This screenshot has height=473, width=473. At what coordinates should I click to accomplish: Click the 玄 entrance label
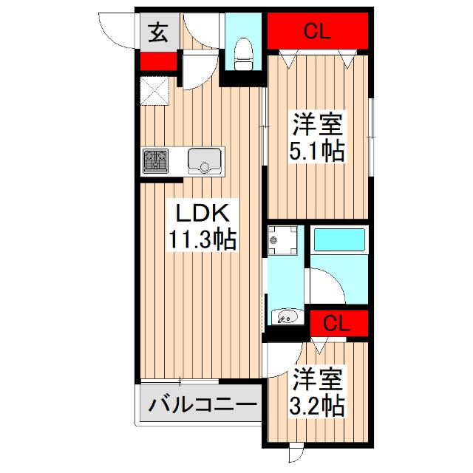[x=157, y=34]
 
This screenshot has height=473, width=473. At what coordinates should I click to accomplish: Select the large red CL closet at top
[x=317, y=31]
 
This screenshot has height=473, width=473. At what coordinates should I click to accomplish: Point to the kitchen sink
[x=205, y=160]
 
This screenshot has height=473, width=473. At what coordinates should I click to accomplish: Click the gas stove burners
[x=156, y=160]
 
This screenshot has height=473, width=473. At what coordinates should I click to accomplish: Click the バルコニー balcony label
[x=201, y=406]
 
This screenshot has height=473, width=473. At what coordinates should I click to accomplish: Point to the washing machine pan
[x=283, y=241]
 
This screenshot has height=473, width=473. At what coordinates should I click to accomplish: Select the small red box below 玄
[x=157, y=62]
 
